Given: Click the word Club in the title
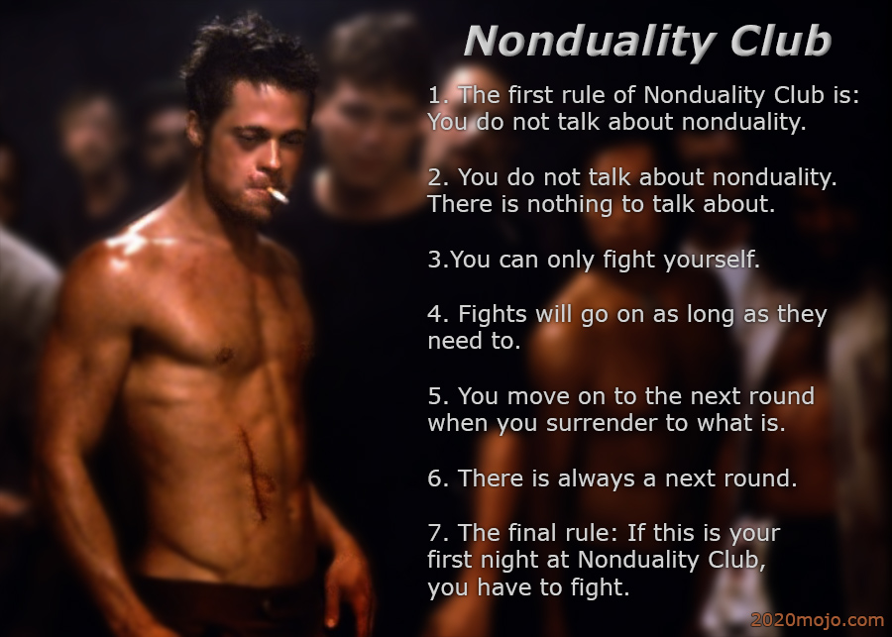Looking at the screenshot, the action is (x=781, y=41).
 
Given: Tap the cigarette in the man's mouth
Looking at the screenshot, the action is (x=278, y=195).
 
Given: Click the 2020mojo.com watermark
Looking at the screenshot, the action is (x=818, y=620).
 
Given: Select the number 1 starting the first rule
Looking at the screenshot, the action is (x=433, y=95).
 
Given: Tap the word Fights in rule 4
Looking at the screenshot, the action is (x=492, y=315).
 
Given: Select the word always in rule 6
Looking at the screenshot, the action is (x=597, y=478).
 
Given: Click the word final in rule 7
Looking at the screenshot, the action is (x=533, y=533).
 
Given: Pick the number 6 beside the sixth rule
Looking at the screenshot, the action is (x=435, y=478).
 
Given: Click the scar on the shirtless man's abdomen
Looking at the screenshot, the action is (x=254, y=474).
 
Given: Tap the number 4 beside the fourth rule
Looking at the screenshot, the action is (x=435, y=314).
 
